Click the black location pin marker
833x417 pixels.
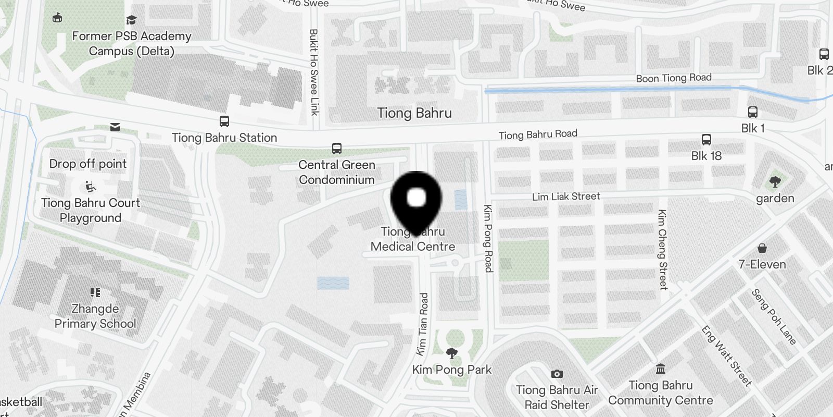(416, 201)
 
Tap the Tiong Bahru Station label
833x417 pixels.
(224, 138)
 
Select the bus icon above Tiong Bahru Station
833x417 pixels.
(224, 121)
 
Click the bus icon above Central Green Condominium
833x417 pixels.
(337, 149)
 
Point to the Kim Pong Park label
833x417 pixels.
(452, 370)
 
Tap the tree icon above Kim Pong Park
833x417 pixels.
(452, 354)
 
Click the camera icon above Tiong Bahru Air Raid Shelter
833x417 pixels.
(557, 374)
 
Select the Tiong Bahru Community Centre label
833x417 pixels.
(661, 393)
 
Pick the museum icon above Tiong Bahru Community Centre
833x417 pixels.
(661, 370)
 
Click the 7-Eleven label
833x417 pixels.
(762, 264)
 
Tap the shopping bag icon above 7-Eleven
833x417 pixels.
(762, 248)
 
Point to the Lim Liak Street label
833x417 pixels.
(566, 197)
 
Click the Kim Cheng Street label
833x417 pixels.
(662, 249)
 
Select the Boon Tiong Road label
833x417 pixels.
(674, 78)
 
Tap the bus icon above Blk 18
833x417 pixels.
(706, 140)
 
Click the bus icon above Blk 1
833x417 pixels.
(753, 112)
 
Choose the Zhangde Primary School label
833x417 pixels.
(95, 316)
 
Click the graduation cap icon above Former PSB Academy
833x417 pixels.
(132, 20)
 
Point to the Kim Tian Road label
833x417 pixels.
(422, 324)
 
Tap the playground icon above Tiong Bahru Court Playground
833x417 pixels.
(91, 186)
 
